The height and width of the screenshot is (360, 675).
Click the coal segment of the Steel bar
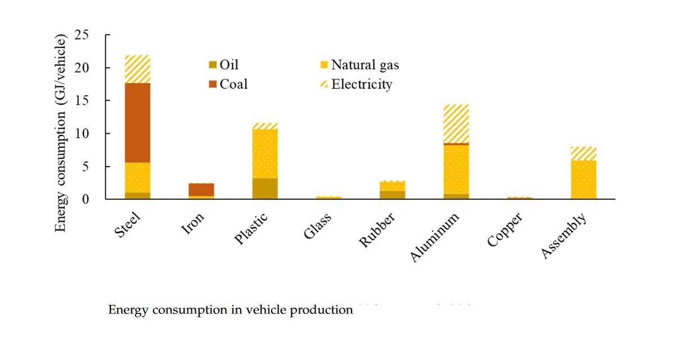pyautogui.click(x=137, y=123)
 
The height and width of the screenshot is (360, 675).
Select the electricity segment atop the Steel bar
pyautogui.click(x=137, y=69)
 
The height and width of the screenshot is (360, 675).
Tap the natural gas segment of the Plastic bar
pyautogui.click(x=265, y=154)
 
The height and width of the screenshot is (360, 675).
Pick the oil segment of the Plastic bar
pyautogui.click(x=265, y=188)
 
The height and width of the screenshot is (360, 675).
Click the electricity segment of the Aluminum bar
pyautogui.click(x=456, y=124)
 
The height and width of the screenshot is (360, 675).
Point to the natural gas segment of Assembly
pyautogui.click(x=583, y=179)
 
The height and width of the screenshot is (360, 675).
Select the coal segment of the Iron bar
pyautogui.click(x=201, y=190)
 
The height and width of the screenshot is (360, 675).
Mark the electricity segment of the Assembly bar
pyautogui.click(x=583, y=154)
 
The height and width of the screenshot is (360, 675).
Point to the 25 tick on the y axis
pyautogui.click(x=82, y=35)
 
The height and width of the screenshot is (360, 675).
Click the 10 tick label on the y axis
pyautogui.click(x=82, y=134)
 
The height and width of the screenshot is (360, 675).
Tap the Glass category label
pyautogui.click(x=318, y=227)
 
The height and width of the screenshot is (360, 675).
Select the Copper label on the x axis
pyautogui.click(x=506, y=229)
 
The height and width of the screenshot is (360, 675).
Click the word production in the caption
pyautogui.click(x=321, y=310)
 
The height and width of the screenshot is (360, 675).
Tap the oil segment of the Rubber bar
pyautogui.click(x=393, y=195)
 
